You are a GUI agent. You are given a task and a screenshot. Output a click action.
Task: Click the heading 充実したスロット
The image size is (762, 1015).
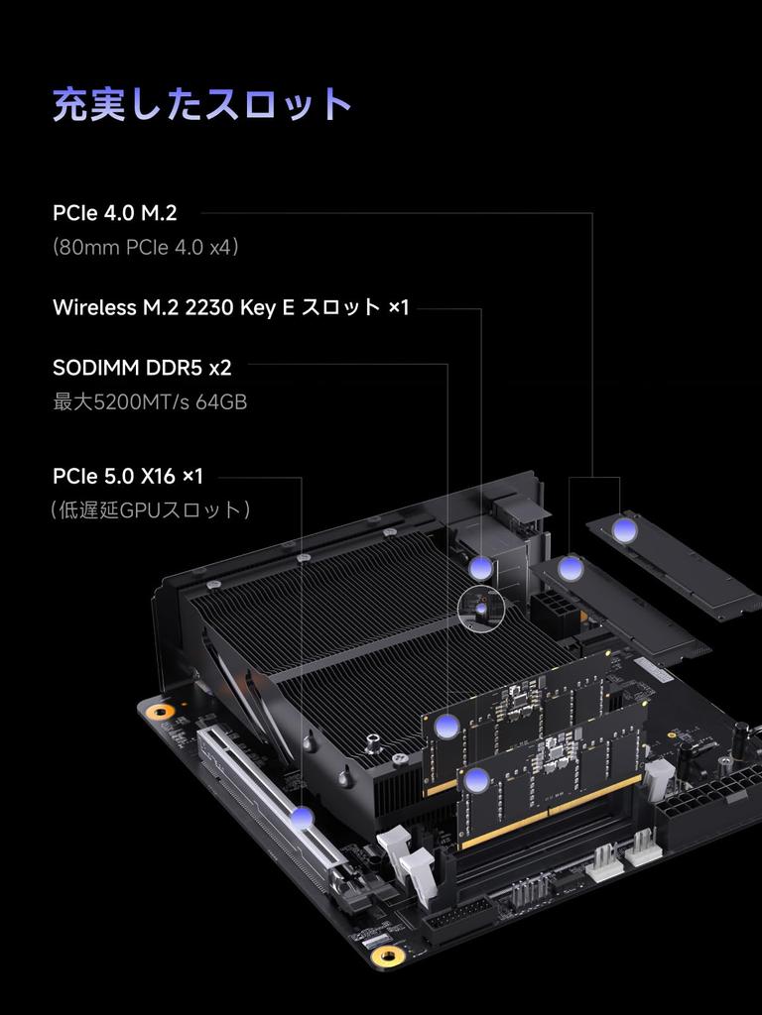pyautogui.click(x=202, y=104)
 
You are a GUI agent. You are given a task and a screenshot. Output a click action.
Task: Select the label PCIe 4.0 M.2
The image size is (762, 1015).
pyautogui.click(x=114, y=212)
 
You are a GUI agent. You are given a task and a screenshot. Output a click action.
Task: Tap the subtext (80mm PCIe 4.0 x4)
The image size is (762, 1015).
pyautogui.click(x=146, y=247)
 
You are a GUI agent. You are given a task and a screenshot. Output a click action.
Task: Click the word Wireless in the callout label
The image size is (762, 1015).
pyautogui.click(x=94, y=307)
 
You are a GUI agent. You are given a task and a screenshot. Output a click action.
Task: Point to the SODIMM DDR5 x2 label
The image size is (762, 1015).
pyautogui.click(x=142, y=368)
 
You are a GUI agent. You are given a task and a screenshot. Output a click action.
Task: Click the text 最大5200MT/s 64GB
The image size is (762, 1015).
pyautogui.click(x=150, y=402)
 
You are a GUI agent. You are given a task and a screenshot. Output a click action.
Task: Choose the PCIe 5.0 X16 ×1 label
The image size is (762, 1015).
pyautogui.click(x=128, y=477)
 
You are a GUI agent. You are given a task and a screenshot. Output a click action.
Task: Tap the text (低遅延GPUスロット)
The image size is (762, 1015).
pyautogui.click(x=151, y=510)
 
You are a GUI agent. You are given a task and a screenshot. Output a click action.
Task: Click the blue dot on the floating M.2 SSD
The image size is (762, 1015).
pyautogui.click(x=624, y=530)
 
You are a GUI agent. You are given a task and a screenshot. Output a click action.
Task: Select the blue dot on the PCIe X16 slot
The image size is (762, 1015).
pyautogui.click(x=303, y=818)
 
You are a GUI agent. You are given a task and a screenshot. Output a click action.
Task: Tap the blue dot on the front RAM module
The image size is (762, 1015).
pyautogui.click(x=477, y=779)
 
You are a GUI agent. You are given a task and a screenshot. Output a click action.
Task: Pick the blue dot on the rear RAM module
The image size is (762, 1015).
pyautogui.click(x=447, y=726)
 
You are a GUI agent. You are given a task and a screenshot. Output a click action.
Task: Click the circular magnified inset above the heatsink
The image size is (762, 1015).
pyautogui.click(x=481, y=609)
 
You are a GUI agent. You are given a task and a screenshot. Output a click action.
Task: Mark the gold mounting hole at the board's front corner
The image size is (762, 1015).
pyautogui.click(x=388, y=957)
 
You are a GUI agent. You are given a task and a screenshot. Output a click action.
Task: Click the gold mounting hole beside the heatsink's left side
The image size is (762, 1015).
pyautogui.click(x=157, y=711)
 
